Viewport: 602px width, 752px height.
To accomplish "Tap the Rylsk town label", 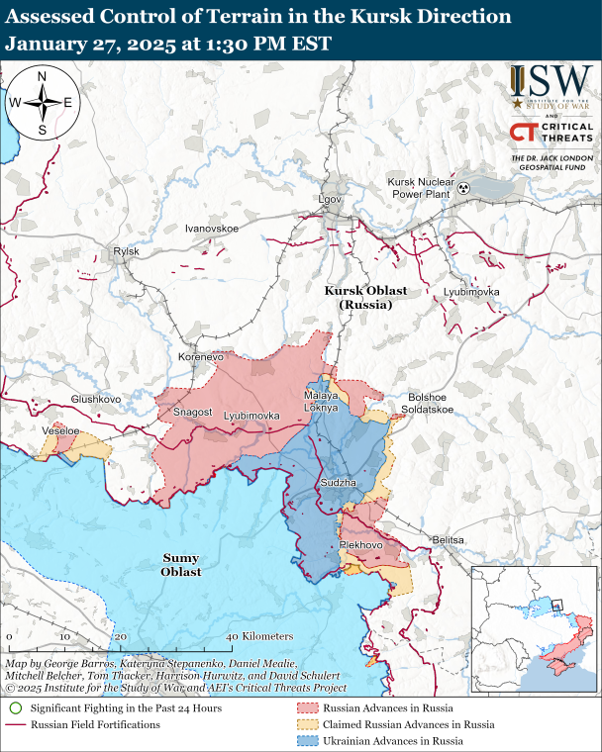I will [x=127, y=252].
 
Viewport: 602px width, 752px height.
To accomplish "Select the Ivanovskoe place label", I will [x=213, y=229].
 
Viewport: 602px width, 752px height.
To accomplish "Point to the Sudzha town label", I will [x=332, y=482].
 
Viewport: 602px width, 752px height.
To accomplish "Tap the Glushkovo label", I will [x=95, y=399].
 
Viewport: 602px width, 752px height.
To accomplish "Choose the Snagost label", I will [x=193, y=412].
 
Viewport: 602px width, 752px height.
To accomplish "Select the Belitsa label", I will [x=448, y=539].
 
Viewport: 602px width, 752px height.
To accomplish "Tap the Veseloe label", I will [x=60, y=431].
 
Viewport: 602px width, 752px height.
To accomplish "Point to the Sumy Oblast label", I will [x=181, y=565].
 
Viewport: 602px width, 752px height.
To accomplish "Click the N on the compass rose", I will [x=42, y=77].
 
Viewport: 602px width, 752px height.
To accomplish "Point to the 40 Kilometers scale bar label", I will [x=259, y=635].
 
